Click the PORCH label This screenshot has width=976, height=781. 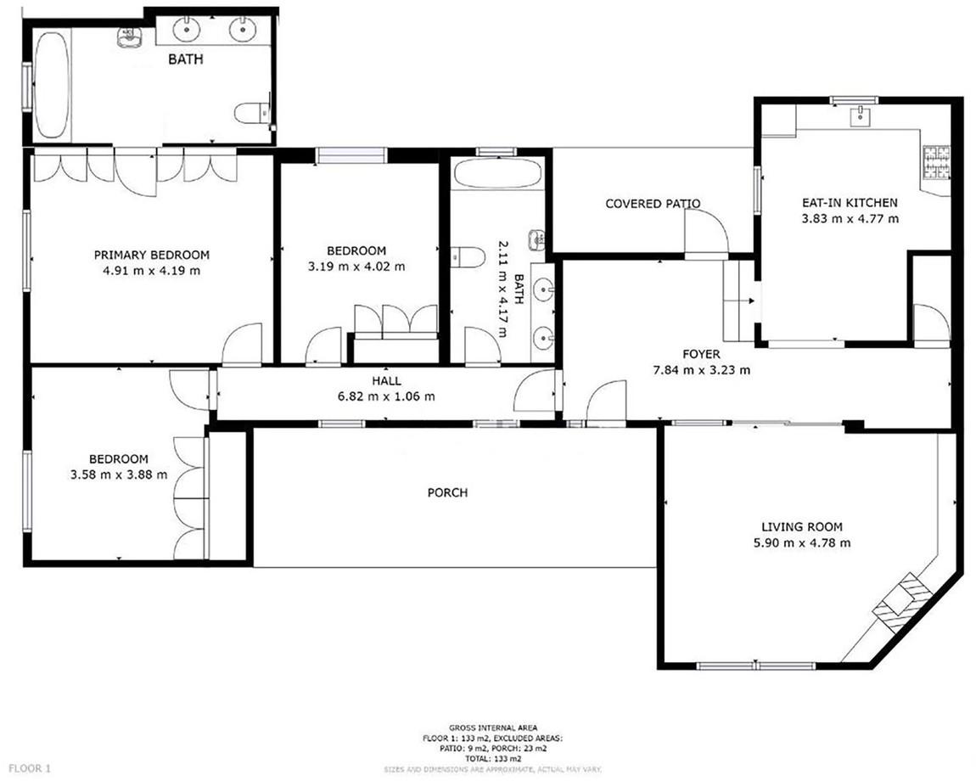click(447, 492)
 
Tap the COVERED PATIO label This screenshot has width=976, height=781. click(653, 204)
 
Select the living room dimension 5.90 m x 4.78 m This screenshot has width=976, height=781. click(802, 542)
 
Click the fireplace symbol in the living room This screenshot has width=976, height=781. click(902, 602)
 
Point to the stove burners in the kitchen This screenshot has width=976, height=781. click(936, 162)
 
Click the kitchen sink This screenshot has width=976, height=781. click(861, 115)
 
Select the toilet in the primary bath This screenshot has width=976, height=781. click(252, 113)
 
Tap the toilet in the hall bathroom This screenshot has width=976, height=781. click(468, 256)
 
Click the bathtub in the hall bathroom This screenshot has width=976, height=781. click(497, 172)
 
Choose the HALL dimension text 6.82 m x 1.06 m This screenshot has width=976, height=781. click(386, 396)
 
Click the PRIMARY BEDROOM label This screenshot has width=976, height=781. click(151, 255)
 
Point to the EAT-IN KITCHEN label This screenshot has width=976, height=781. click(849, 202)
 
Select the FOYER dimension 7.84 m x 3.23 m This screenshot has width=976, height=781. click(701, 370)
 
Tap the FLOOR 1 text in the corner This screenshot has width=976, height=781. click(30, 768)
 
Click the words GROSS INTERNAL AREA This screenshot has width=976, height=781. click(493, 728)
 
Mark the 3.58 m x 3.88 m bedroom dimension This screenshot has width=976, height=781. click(119, 475)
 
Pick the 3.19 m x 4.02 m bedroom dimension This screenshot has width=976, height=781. click(356, 267)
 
